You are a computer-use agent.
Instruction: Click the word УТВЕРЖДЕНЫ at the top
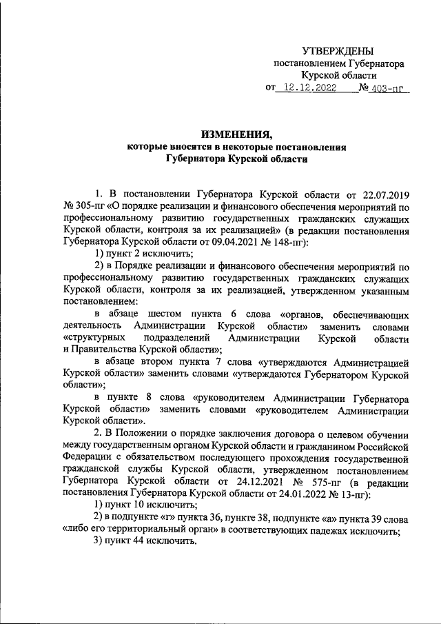pyautogui.click(x=338, y=52)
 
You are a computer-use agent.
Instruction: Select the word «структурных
pyautogui.click(x=94, y=338)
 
